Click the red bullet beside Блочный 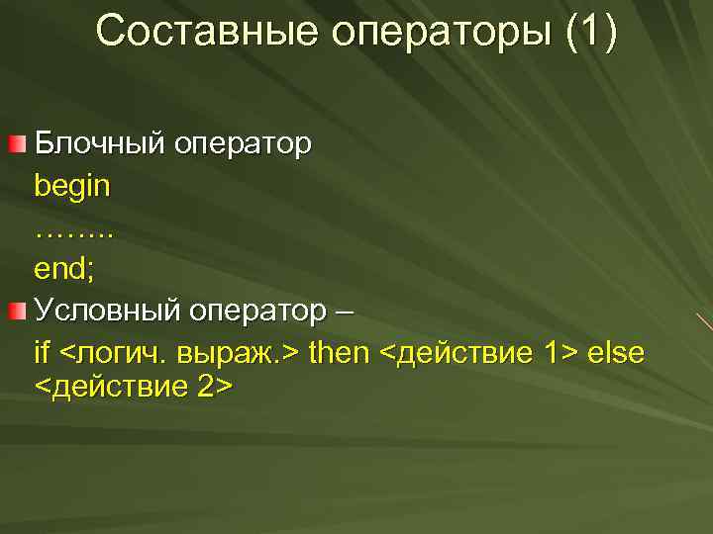point(17,146)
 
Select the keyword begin point(72,186)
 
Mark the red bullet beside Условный point(17,313)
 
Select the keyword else point(616,352)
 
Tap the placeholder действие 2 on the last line point(134,386)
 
